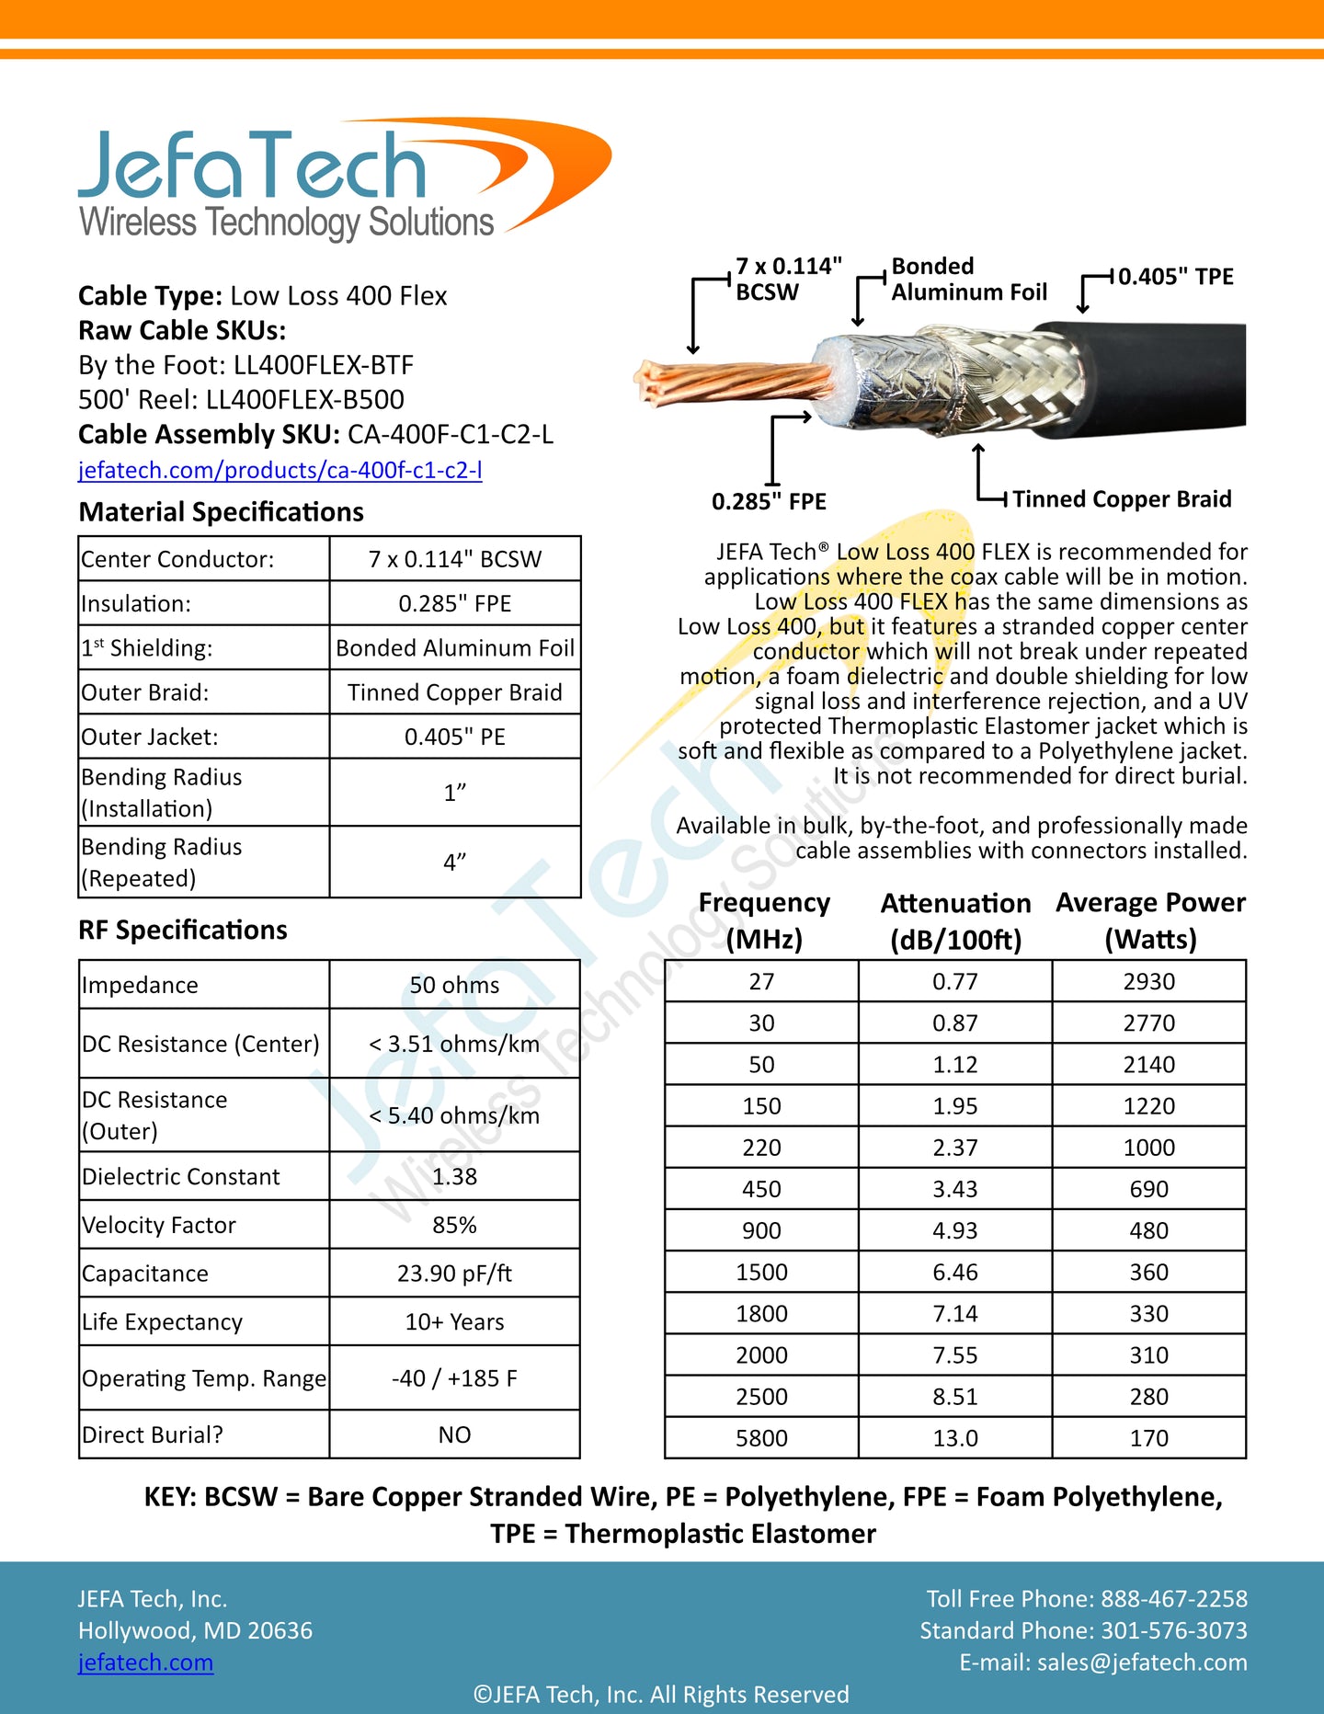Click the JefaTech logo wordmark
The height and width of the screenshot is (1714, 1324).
tap(253, 166)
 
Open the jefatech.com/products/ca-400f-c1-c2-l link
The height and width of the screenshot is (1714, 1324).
tap(280, 470)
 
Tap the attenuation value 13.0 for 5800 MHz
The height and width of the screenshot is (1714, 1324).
tap(955, 1438)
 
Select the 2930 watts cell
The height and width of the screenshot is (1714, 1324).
tap(1148, 981)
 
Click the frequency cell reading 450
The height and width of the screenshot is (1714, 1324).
tap(761, 1189)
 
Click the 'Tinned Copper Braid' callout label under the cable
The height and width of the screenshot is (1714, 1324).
tap(1122, 499)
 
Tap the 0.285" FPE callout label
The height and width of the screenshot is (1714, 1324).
tap(769, 501)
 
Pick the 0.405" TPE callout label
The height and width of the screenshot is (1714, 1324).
tap(1175, 277)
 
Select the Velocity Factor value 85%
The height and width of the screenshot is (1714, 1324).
tap(454, 1225)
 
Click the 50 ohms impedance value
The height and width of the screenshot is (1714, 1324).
tap(454, 985)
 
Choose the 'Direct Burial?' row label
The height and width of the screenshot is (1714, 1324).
tap(153, 1434)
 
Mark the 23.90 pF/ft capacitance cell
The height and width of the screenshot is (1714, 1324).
tap(454, 1274)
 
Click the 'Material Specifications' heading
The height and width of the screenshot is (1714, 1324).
tap(222, 512)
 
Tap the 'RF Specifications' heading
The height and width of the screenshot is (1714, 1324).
tap(183, 930)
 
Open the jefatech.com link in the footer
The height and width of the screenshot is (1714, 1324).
tap(145, 1663)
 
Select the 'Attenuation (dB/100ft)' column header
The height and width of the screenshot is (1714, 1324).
tap(955, 920)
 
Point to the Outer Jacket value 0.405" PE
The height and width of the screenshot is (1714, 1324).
tap(454, 737)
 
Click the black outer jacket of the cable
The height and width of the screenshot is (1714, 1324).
tap(1158, 377)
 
